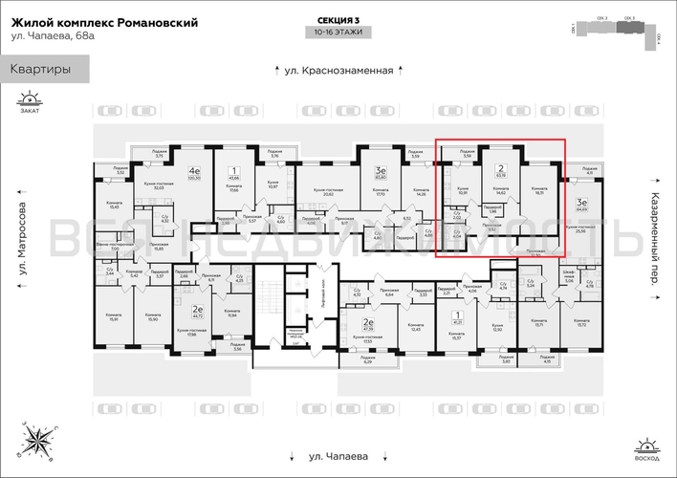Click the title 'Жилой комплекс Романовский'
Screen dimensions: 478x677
pos(104,23)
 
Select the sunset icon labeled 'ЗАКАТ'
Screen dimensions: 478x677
pos(33,101)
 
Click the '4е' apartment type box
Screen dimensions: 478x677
pos(194,175)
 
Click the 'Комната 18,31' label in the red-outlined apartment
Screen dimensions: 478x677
pos(540,191)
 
